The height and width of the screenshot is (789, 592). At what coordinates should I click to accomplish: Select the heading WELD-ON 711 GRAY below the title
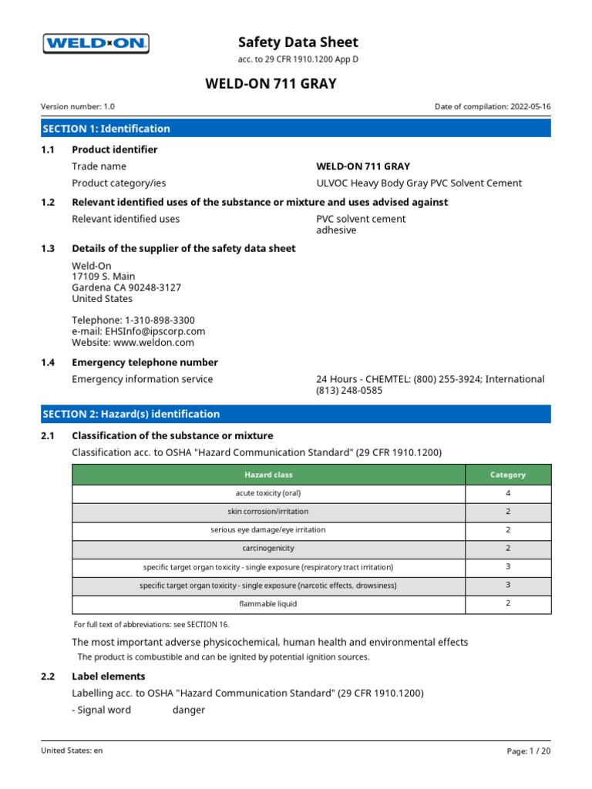click(x=270, y=83)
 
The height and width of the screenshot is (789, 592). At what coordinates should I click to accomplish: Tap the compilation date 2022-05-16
click(x=530, y=108)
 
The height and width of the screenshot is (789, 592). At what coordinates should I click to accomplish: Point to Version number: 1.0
click(x=78, y=108)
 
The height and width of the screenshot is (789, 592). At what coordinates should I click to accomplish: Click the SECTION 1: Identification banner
click(x=296, y=129)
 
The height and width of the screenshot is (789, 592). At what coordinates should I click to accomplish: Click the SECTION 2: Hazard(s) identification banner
click(x=296, y=414)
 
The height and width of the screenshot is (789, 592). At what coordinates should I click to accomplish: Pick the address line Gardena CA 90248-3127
click(x=126, y=287)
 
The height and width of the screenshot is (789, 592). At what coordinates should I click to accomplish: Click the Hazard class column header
click(x=268, y=475)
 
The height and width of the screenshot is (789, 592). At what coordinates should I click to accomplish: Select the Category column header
click(x=508, y=475)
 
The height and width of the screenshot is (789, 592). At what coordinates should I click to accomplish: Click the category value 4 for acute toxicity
click(x=508, y=493)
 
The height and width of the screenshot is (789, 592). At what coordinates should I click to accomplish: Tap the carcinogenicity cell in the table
click(x=268, y=549)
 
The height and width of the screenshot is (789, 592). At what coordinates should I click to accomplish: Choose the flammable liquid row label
click(x=268, y=604)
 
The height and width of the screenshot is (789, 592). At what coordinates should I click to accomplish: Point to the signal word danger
click(x=189, y=710)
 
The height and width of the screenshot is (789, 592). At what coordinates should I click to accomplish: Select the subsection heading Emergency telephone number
click(x=145, y=362)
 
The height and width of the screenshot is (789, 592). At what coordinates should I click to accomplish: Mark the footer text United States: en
click(x=72, y=750)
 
